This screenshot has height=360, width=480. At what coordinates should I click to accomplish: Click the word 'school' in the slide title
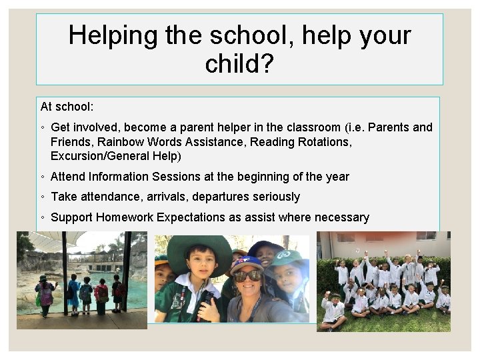click(x=215, y=35)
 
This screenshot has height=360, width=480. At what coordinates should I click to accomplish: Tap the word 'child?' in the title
click(x=239, y=65)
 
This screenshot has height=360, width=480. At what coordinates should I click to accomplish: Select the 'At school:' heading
click(x=67, y=107)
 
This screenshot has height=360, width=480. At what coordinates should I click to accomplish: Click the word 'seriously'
click(x=271, y=197)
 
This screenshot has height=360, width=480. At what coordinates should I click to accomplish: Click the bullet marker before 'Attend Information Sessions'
click(x=43, y=177)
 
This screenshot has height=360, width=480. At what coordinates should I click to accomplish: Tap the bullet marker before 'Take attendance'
click(x=43, y=197)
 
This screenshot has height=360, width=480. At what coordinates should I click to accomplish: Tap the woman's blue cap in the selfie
click(x=247, y=261)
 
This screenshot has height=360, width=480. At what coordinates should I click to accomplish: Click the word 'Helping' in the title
click(x=109, y=35)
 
